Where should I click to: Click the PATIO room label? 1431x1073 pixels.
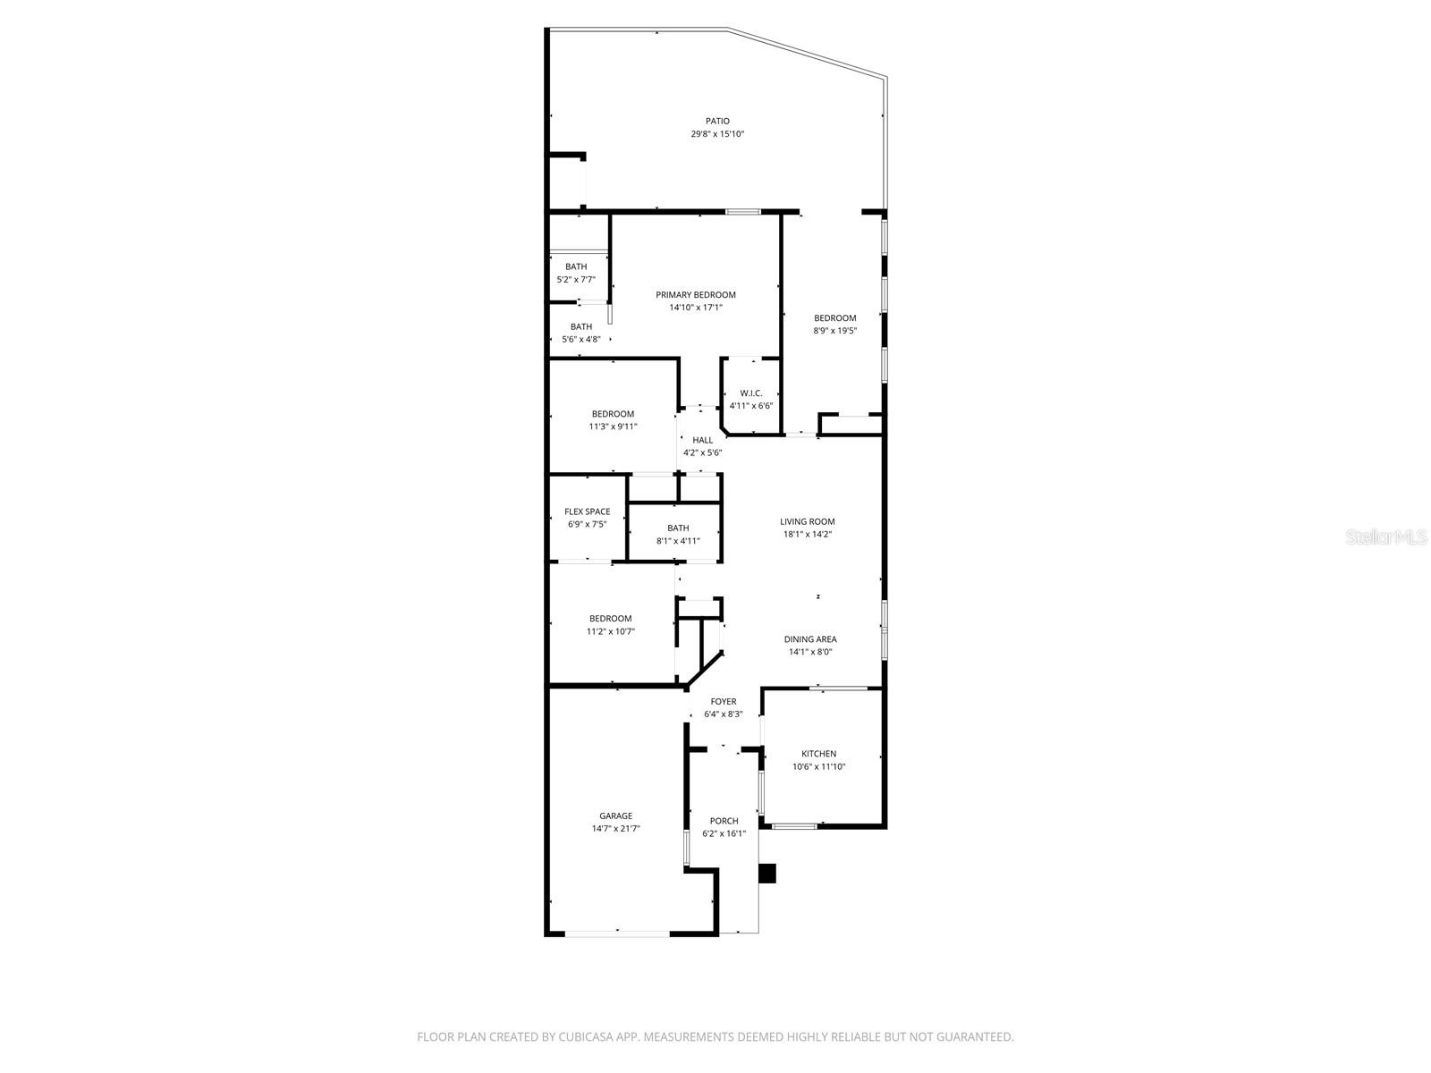click(x=717, y=121)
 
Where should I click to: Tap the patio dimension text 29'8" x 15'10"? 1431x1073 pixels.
click(x=717, y=134)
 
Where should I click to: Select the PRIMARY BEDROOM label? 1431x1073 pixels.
click(x=696, y=295)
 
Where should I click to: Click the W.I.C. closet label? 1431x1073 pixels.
click(x=751, y=393)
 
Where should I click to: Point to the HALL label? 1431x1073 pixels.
click(x=703, y=440)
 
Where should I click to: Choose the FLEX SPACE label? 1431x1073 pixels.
click(x=588, y=512)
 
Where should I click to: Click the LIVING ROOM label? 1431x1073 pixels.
click(x=807, y=521)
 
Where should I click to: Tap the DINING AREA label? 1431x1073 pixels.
click(x=810, y=639)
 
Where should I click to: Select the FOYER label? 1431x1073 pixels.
click(x=724, y=702)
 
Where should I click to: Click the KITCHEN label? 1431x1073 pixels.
click(x=819, y=754)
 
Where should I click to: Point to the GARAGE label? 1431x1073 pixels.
click(x=616, y=815)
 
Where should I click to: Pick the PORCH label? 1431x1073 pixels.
click(x=724, y=821)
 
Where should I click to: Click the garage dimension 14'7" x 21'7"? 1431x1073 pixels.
click(x=616, y=829)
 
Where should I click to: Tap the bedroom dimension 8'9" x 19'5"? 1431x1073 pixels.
click(x=835, y=331)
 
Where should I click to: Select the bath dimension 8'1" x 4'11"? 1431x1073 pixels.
click(x=678, y=541)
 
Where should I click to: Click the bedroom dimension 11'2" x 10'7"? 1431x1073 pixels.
click(x=611, y=631)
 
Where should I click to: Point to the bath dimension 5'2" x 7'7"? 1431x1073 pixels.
click(x=576, y=280)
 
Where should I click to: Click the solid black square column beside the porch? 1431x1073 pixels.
click(x=767, y=874)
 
